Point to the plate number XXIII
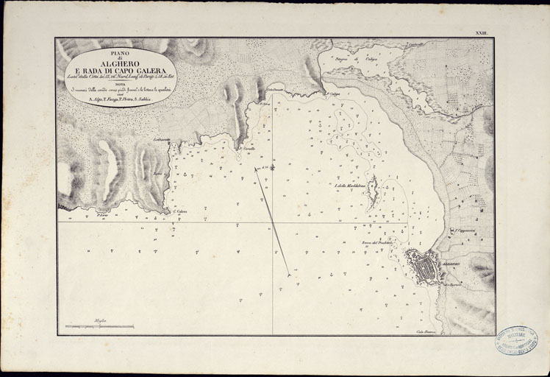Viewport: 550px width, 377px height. (x=482, y=33)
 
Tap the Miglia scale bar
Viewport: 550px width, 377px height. (x=99, y=325)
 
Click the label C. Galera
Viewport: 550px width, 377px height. (x=181, y=212)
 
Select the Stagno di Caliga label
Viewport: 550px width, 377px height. (x=351, y=56)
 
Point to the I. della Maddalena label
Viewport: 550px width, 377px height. (x=350, y=186)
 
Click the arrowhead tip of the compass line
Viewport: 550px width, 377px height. (x=288, y=276)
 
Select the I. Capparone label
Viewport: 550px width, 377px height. (x=466, y=230)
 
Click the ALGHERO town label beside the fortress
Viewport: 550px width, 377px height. (x=450, y=263)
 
